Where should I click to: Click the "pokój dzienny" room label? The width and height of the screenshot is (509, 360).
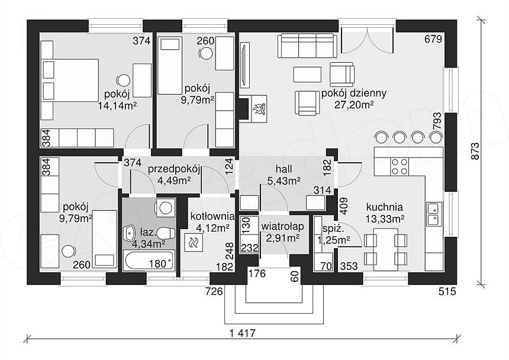(354, 94)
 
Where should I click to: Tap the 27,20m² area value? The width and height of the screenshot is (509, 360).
(354, 105)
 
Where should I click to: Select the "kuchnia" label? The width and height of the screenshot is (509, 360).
(385, 207)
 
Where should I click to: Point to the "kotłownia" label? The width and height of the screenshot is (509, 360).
(212, 216)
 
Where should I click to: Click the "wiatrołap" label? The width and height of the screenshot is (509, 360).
(283, 227)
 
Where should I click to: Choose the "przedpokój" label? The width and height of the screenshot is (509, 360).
(175, 170)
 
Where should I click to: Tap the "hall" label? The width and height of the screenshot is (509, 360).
(284, 169)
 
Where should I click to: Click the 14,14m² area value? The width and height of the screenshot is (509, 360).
(117, 105)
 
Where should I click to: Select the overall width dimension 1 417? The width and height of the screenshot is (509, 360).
(243, 333)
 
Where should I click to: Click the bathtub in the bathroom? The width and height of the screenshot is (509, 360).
(149, 259)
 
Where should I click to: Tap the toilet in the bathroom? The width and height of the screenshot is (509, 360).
(167, 233)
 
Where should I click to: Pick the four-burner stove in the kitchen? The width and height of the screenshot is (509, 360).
(400, 166)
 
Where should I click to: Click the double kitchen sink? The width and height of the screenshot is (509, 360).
(434, 214)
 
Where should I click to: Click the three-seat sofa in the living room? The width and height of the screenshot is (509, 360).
(307, 46)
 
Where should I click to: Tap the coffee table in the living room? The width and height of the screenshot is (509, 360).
(307, 75)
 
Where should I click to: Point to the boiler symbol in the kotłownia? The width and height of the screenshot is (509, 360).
(194, 243)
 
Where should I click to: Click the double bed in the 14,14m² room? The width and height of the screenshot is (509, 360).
(70, 80)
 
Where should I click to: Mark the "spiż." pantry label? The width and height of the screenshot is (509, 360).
(329, 229)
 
